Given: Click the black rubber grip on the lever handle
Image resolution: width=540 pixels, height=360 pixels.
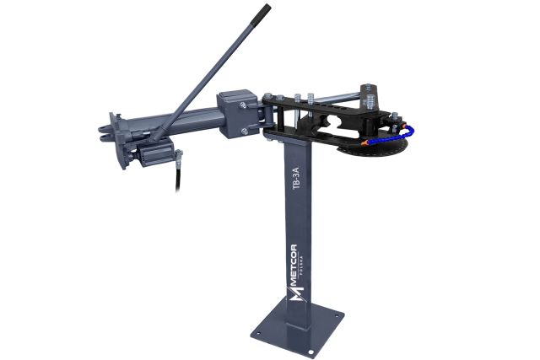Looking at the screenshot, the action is [261, 15].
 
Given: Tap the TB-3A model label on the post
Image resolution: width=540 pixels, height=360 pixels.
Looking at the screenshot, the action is [296, 178].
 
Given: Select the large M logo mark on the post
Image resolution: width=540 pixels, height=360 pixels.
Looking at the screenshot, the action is [296, 293].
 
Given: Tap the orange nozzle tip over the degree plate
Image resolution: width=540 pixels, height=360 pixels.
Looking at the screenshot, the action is [364, 143].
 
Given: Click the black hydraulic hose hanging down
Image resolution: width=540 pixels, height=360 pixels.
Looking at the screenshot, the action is [178, 175].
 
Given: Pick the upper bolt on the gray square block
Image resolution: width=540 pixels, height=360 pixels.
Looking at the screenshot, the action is [243, 105].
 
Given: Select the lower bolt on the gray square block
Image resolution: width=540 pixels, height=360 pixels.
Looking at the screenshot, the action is [244, 131].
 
